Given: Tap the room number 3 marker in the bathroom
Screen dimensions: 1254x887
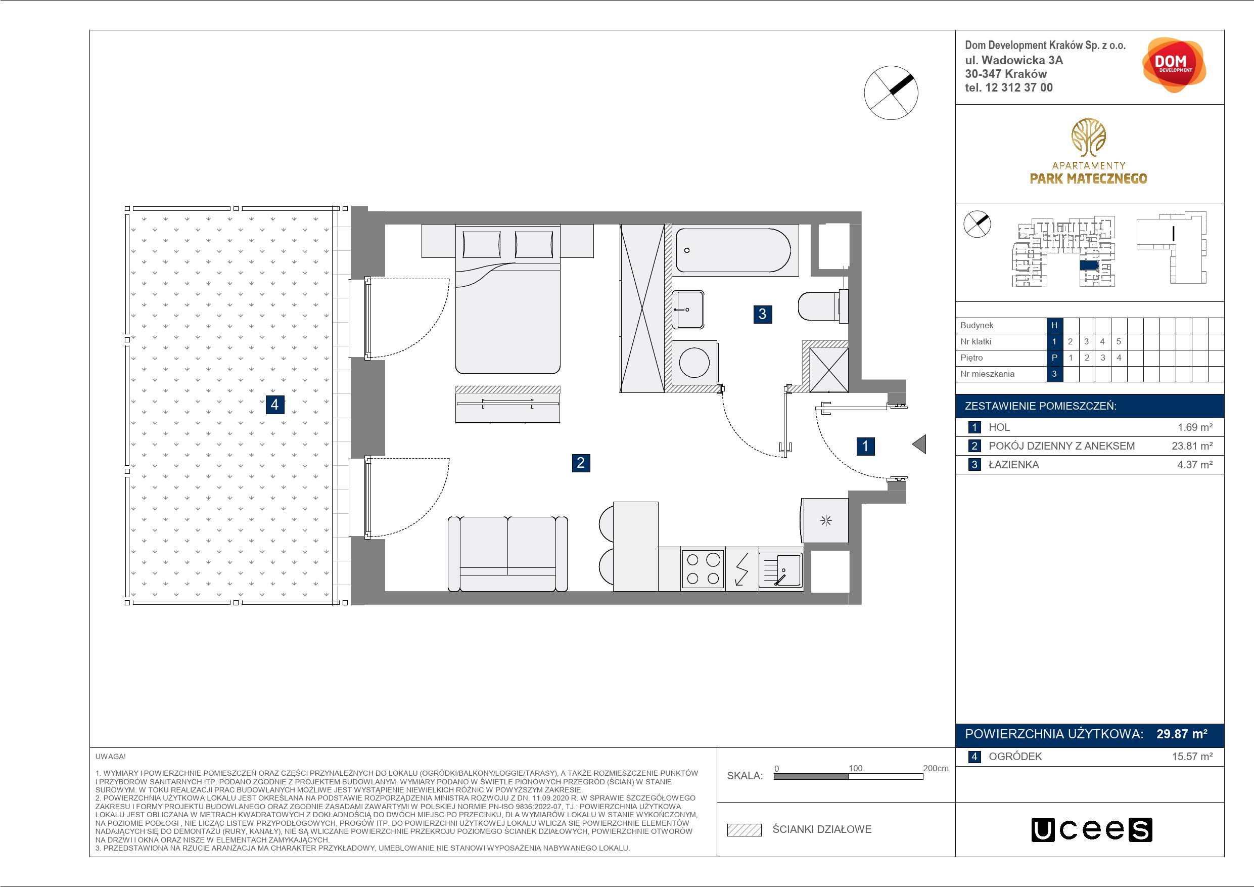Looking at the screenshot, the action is (x=762, y=314).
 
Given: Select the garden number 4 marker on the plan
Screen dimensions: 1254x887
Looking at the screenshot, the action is (x=275, y=405).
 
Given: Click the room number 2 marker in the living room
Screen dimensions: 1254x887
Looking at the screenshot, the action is (x=581, y=463).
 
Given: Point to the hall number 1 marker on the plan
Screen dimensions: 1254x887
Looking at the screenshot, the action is (x=865, y=446).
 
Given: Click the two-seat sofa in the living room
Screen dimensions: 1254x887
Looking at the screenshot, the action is (x=508, y=554).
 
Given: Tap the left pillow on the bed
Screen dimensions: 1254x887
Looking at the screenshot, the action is (x=482, y=244).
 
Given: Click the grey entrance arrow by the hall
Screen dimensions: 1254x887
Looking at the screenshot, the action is (x=919, y=444).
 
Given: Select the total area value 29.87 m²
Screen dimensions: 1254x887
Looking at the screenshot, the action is (x=1182, y=734).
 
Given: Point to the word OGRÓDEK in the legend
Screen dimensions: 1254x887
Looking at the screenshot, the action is (x=1015, y=757).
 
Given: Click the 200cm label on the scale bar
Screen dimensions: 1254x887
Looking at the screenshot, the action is (x=936, y=768).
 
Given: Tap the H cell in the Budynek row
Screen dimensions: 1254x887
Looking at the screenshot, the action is (x=1054, y=325).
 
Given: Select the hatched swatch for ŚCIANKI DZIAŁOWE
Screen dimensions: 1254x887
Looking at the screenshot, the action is (x=745, y=830).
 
